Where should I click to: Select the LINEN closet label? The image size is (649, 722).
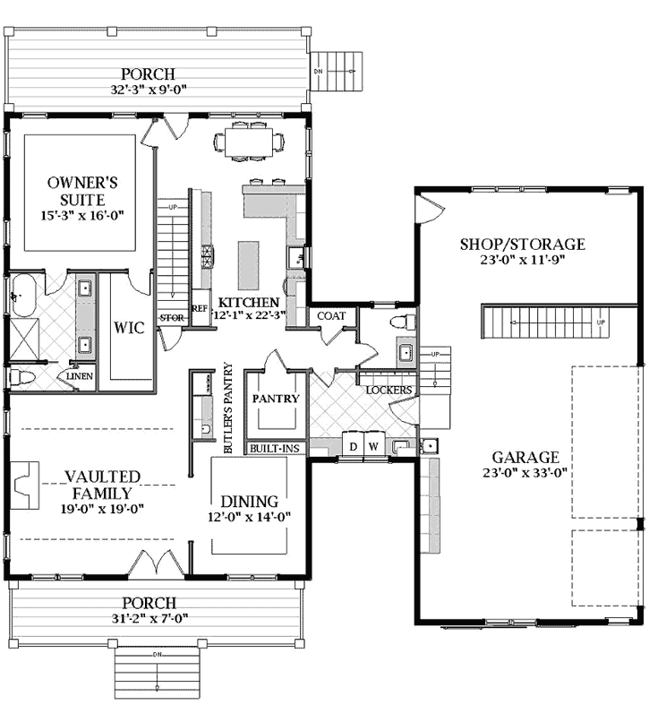pos(80,377)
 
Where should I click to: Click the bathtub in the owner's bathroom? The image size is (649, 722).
pos(21,295)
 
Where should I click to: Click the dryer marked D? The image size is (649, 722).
pos(353,445)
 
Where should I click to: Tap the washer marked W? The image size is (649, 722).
pos(373,445)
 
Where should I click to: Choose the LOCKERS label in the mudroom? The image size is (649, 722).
pos(389,391)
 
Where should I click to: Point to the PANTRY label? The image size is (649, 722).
pos(275,398)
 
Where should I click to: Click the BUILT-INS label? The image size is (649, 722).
pos(276,448)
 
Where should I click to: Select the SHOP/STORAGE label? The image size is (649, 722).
pos(522,244)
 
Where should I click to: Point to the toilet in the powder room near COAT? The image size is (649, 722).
pos(403,322)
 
